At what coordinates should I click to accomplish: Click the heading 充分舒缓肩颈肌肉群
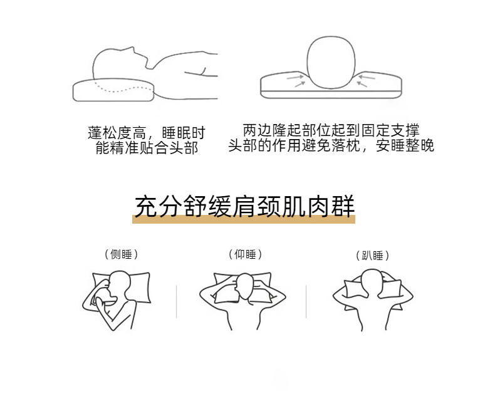coord(244,207)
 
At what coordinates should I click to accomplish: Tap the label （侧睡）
coord(121,254)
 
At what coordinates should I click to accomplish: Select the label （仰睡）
coord(245,254)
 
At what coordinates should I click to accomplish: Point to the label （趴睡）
coord(373,255)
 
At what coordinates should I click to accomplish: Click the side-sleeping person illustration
coord(116,300)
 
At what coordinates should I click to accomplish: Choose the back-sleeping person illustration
coord(242,301)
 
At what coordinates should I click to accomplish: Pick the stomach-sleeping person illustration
coord(373,299)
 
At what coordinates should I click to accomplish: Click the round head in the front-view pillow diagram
coord(331,62)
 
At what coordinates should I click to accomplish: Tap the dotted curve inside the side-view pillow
coord(123,88)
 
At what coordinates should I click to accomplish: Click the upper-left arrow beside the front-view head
coord(295,77)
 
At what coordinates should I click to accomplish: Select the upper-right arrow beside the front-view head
coord(367,76)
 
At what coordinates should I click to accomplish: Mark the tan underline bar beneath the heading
coord(244,219)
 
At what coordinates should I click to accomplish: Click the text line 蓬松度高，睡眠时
coord(147,133)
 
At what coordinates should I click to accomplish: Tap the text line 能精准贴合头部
coord(147,147)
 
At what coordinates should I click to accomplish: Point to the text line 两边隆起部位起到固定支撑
coord(331,130)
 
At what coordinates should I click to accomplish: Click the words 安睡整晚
coord(405,145)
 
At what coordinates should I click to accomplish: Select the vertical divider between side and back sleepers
coord(176,301)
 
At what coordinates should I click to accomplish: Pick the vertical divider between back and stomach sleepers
coord(306,301)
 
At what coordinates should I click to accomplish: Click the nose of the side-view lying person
coord(133,49)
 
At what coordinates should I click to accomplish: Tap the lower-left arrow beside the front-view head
coord(300,84)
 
